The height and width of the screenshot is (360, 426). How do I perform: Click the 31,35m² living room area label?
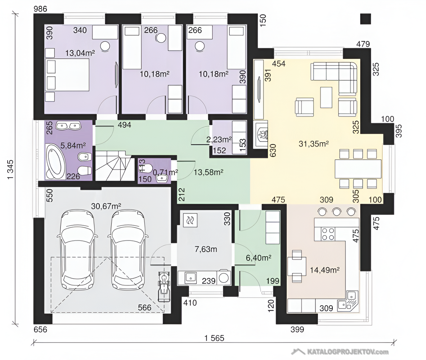[314, 144]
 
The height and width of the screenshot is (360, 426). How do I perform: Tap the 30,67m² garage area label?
[106, 206]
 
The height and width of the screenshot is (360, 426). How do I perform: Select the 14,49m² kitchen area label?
[325, 270]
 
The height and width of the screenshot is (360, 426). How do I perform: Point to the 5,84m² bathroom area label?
[73, 146]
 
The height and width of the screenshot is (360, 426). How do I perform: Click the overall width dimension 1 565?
[214, 338]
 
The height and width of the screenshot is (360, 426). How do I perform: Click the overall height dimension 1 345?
[10, 170]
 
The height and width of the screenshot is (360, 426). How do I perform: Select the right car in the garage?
[128, 249]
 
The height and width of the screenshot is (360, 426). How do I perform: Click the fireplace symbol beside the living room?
[261, 135]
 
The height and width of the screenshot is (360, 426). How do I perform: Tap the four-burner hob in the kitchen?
[328, 234]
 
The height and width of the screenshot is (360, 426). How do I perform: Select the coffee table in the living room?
[326, 97]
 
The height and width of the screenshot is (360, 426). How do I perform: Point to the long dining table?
[358, 169]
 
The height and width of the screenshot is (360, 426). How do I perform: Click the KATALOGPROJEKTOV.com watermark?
[340, 352]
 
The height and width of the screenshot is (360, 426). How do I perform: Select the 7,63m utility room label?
[206, 249]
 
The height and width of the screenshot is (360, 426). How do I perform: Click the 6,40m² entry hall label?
[258, 257]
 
